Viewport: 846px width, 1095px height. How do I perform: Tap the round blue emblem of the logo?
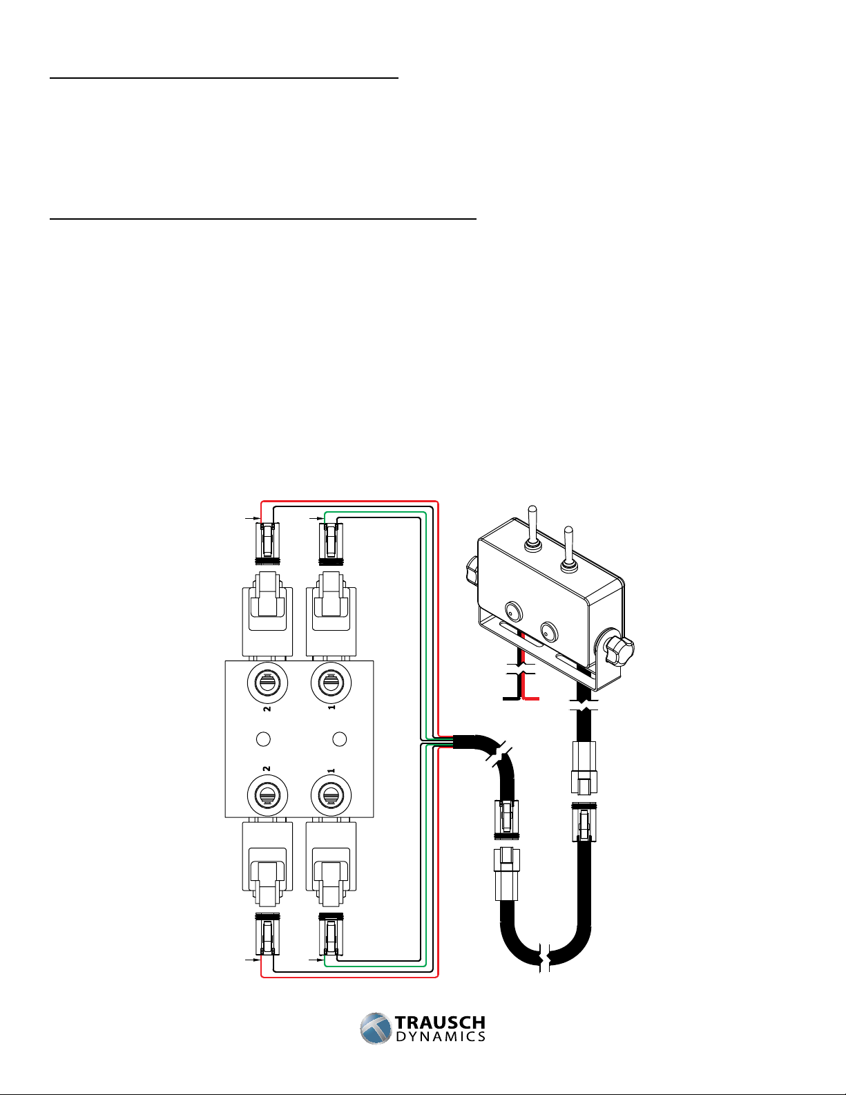coord(376,1029)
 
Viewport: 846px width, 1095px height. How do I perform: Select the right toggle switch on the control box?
coord(568,549)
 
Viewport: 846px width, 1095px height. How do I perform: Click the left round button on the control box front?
coord(514,611)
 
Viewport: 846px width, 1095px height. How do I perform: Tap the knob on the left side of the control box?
coord(472,569)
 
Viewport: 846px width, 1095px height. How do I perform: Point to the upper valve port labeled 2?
coord(267,683)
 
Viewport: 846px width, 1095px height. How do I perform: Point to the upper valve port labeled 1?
coord(331,683)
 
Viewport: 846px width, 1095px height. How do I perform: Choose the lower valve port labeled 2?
coord(267,796)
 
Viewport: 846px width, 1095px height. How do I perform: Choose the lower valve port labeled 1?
coord(331,796)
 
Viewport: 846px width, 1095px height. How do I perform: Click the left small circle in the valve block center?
coord(263,739)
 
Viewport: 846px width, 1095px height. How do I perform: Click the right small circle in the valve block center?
coord(340,739)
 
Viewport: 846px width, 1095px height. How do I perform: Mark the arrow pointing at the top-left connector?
coord(252,517)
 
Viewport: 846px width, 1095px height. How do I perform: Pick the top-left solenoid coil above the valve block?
coord(267,613)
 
